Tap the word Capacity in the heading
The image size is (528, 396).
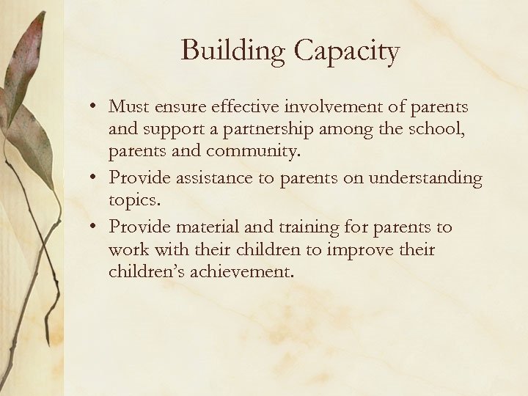tap(346, 51)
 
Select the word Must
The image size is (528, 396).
tap(128, 107)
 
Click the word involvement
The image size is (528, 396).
tap(335, 107)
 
